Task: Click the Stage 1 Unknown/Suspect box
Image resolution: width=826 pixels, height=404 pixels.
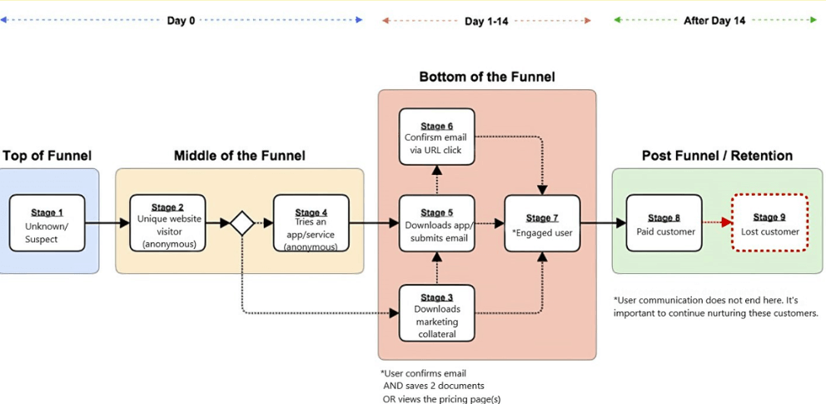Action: coord(47,223)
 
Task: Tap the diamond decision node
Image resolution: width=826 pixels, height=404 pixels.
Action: coord(242,223)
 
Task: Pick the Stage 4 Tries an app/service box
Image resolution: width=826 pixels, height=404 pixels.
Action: coord(311,223)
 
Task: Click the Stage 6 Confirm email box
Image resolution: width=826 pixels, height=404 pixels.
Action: coord(436,137)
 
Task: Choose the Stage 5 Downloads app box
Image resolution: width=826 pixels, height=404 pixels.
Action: coord(436,223)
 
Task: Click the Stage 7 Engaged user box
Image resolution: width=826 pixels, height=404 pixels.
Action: coord(542,223)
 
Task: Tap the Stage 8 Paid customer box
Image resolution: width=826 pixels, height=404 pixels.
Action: coord(664,223)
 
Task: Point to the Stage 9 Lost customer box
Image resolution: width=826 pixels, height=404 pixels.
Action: coord(769,223)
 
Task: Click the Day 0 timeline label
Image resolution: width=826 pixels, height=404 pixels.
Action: coord(181,21)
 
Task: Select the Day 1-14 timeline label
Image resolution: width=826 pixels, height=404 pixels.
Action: coord(486,21)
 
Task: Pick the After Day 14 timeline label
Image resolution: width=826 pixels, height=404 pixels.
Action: coord(714,21)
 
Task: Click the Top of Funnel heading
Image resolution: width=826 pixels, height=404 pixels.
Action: coord(47,156)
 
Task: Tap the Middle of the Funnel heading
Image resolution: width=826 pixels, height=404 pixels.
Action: coord(239,156)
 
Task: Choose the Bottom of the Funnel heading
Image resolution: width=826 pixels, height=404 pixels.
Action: coord(486,77)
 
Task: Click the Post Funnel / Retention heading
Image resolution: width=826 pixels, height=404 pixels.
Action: coord(717,156)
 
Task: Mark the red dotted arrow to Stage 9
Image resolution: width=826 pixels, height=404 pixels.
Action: coord(716,223)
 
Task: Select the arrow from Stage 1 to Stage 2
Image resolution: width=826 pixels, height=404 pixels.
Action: coord(107,223)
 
